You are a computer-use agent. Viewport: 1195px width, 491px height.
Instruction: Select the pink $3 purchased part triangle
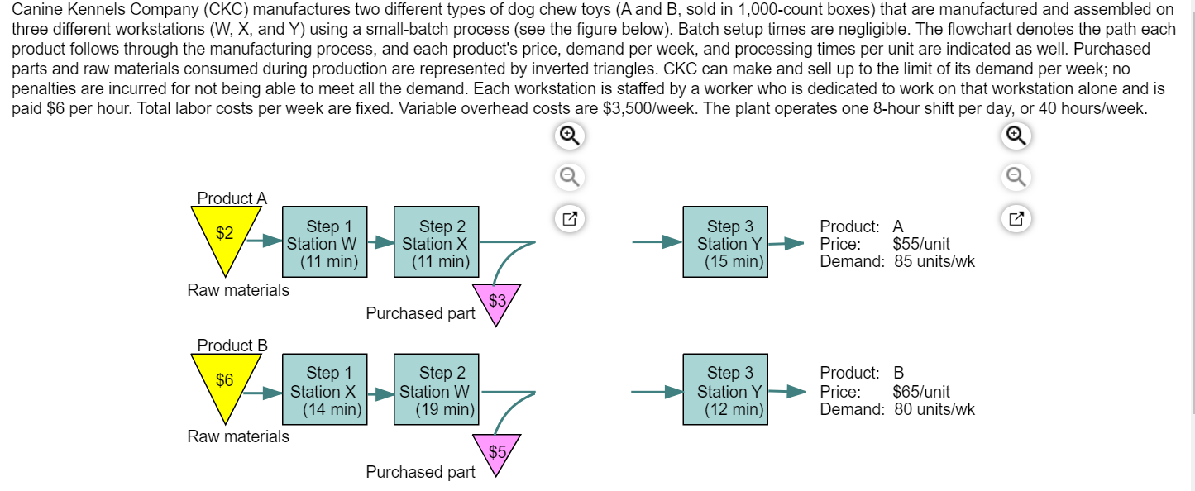tap(496, 302)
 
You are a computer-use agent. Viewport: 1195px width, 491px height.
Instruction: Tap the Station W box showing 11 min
tap(323, 242)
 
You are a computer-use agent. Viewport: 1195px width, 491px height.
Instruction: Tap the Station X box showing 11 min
tap(436, 242)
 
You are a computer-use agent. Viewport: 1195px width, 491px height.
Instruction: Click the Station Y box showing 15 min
tap(724, 242)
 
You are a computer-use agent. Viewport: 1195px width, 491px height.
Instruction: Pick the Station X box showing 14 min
tap(323, 389)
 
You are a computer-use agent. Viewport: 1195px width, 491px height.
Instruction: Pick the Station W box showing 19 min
tap(436, 389)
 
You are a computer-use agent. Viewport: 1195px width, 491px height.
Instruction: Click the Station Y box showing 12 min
tap(724, 389)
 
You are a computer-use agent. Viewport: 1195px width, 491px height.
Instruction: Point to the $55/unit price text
tap(921, 244)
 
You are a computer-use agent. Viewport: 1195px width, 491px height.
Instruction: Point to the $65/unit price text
tap(921, 391)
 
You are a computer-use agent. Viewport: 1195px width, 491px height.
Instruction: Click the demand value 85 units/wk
tap(934, 262)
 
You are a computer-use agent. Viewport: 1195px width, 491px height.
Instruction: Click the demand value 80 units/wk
tap(934, 409)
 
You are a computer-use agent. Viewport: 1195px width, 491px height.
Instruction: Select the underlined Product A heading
tap(232, 198)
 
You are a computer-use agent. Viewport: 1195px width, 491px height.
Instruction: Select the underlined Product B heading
tap(232, 346)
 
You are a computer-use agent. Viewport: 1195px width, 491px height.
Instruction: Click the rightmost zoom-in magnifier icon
tap(1016, 136)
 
